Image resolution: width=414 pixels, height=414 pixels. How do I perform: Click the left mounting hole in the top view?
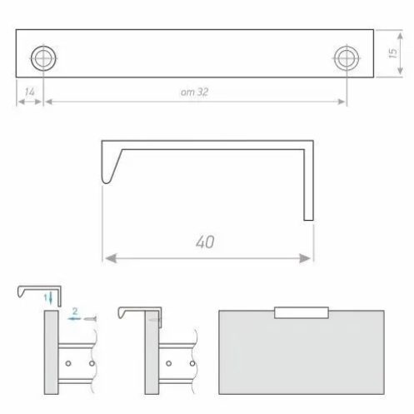point(43,58)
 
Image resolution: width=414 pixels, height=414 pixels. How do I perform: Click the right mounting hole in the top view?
point(347,58)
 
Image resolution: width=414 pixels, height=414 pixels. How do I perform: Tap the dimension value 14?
point(30,92)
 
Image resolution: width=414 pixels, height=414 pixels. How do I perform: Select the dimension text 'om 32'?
point(194,92)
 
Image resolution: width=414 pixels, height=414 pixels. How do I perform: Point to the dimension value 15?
point(392,53)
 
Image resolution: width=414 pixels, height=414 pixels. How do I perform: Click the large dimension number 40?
point(205,242)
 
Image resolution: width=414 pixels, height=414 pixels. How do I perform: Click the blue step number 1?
point(46,298)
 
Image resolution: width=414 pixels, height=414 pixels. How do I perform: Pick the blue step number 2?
point(75,312)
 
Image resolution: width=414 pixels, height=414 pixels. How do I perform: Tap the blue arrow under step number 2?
point(74,319)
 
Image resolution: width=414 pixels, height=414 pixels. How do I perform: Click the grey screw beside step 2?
point(90,319)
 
